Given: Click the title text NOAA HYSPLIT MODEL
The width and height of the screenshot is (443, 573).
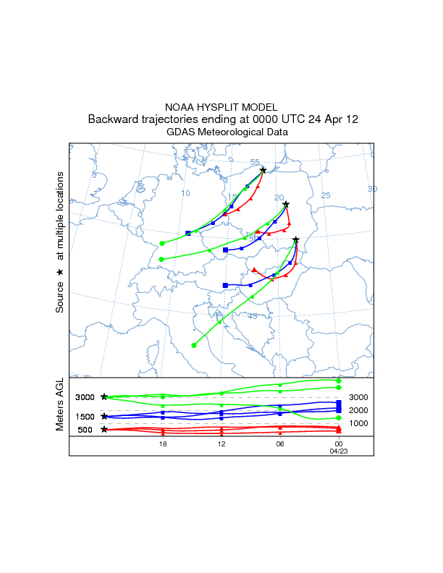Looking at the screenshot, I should click(x=221, y=106).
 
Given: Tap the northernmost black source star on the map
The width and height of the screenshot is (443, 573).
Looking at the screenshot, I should click(x=263, y=170).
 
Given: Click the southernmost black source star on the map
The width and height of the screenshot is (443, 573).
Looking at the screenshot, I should click(x=296, y=239).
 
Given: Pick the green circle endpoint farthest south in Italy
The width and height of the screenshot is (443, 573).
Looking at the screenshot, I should click(x=193, y=345).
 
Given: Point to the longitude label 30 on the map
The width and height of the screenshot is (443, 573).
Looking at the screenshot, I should click(x=373, y=189).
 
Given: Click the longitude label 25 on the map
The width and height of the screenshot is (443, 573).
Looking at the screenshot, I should click(x=326, y=195).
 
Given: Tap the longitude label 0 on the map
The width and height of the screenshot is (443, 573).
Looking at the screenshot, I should click(x=94, y=175).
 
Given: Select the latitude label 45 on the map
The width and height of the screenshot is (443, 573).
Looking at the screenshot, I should click(x=253, y=316).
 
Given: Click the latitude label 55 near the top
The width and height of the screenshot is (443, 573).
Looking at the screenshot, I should click(x=255, y=163).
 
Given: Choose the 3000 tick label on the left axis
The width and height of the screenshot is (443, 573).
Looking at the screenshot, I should click(x=85, y=397).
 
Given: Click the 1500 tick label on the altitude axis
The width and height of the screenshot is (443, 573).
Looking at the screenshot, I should click(x=85, y=417).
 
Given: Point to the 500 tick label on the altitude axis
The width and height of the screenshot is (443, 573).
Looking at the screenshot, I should click(x=85, y=430).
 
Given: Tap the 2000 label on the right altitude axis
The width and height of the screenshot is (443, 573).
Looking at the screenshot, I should click(x=359, y=410).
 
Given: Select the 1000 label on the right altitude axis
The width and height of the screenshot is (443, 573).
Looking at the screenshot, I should click(x=359, y=423).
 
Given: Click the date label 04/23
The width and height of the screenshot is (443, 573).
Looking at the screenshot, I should click(x=338, y=450).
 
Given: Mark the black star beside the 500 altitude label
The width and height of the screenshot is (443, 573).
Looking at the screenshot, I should click(x=104, y=430).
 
